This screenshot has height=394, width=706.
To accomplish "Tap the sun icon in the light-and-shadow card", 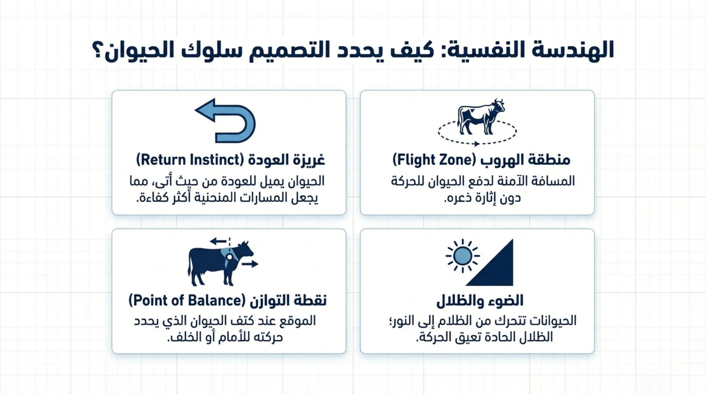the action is pyautogui.click(x=462, y=256).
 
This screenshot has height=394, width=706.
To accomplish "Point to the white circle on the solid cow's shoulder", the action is pyautogui.click(x=229, y=256).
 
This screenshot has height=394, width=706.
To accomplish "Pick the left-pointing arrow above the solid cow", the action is pyautogui.click(x=218, y=241).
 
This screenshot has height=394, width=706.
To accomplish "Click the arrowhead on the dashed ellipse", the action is pyautogui.click(x=476, y=144).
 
